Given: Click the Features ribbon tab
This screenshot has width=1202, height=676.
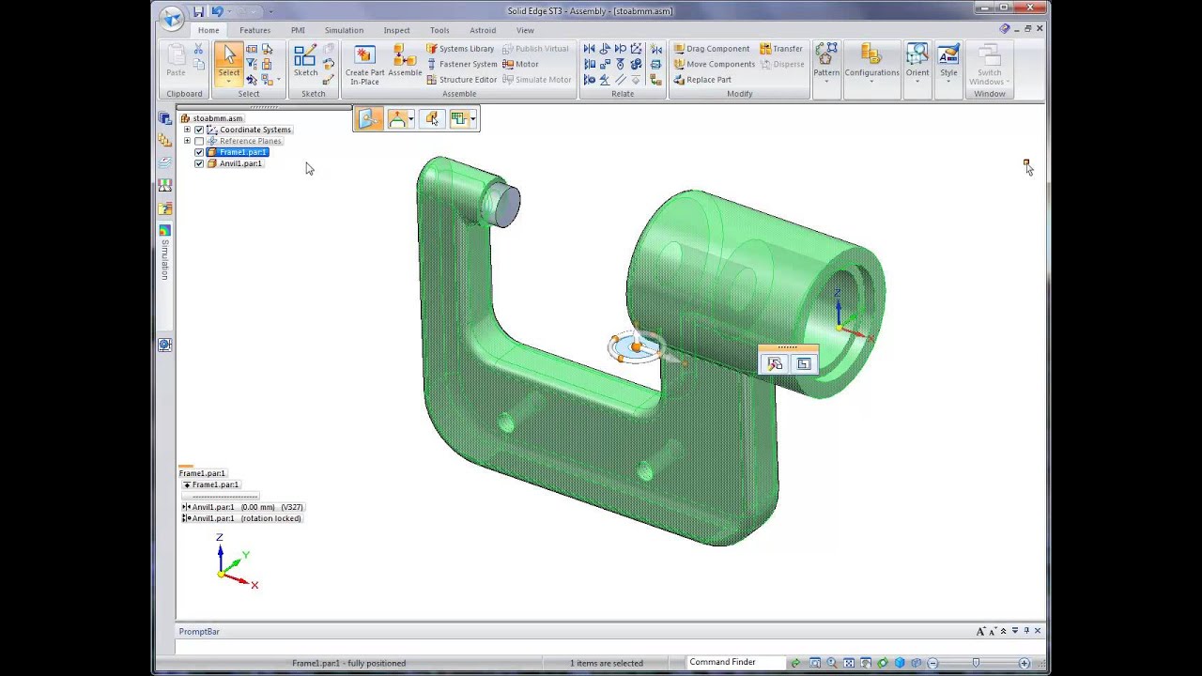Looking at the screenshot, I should pyautogui.click(x=254, y=30).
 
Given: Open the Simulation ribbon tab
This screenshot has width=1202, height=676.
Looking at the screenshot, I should pyautogui.click(x=344, y=30).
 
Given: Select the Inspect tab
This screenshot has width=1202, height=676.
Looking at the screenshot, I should pyautogui.click(x=396, y=30).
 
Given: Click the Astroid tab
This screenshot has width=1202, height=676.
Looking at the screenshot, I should pyautogui.click(x=483, y=30).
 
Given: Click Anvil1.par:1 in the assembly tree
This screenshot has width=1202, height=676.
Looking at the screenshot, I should pyautogui.click(x=240, y=163).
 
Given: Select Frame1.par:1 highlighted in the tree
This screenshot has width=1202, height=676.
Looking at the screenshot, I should pyautogui.click(x=243, y=152).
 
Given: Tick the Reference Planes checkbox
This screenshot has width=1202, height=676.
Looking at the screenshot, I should pyautogui.click(x=199, y=141).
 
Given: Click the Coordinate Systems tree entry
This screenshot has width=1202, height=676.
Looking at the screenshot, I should pyautogui.click(x=254, y=130).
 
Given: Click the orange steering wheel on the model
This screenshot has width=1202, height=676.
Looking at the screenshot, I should pyautogui.click(x=636, y=347).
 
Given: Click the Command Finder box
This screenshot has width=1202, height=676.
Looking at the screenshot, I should pyautogui.click(x=732, y=662).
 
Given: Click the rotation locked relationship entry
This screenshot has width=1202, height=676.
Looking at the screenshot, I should pyautogui.click(x=246, y=518).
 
